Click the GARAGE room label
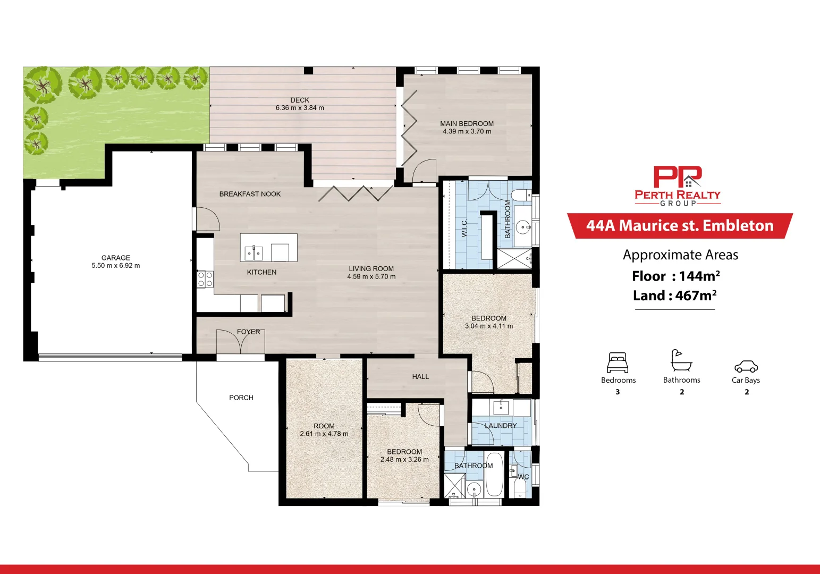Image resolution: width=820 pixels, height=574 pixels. tap(115, 258)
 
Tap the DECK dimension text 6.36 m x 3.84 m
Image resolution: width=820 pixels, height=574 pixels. tap(300, 108)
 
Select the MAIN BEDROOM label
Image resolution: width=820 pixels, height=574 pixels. tap(467, 123)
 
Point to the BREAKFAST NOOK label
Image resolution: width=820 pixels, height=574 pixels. tap(250, 194)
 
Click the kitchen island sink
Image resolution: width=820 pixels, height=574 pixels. tap(253, 253)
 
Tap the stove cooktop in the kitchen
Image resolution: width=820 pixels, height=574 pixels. tap(205, 279)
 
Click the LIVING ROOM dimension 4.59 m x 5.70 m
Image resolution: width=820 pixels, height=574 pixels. tap(371, 276)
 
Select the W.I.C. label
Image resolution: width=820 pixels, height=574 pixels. tap(464, 228)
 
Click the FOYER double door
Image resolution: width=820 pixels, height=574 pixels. tap(241, 342)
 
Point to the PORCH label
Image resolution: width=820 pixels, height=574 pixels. tap(241, 398)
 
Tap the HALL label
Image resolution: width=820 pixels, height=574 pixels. tap(420, 377)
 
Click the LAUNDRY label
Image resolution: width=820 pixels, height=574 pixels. tap(501, 426)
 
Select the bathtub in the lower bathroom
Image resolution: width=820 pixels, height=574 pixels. tap(494, 475)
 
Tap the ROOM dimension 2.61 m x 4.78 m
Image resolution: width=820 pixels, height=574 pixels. tap(324, 434)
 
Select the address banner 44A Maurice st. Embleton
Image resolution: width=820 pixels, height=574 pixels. tap(680, 226)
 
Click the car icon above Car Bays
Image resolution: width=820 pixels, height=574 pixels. tap(746, 366)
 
